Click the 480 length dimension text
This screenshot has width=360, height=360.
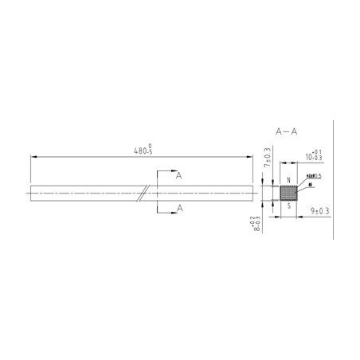(x=143, y=150)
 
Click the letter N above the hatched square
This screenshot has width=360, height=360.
(x=288, y=180)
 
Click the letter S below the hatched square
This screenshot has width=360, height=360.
(x=288, y=204)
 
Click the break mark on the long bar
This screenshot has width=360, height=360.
(x=143, y=192)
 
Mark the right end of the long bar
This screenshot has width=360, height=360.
(x=256, y=192)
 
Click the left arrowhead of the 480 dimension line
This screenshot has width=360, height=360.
(x=34, y=157)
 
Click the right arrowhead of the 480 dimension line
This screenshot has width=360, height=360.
(x=253, y=157)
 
